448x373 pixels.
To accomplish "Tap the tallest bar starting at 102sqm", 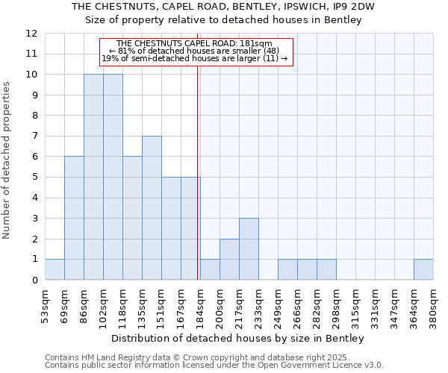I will click(113, 177).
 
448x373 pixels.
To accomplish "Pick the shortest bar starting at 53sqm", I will click(55, 269).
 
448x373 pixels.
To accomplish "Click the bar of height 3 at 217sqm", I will click(249, 249).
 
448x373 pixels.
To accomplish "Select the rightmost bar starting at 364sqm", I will click(423, 269).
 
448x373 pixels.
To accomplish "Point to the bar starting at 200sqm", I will click(229, 260).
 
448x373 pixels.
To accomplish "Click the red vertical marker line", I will click(197, 186).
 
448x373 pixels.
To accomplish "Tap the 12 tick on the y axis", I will click(31, 34).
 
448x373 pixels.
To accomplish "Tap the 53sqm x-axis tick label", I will click(45, 307).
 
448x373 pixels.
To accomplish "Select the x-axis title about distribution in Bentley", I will click(239, 339).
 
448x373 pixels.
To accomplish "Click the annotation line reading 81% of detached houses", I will click(195, 51).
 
